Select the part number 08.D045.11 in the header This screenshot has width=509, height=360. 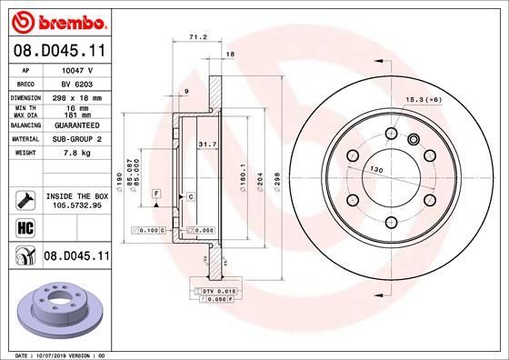[x=56, y=53]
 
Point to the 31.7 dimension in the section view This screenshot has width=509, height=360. [x=206, y=143]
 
